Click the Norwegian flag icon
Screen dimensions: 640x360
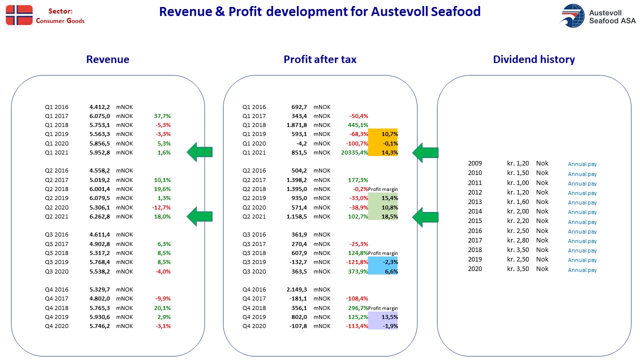(x=19, y=15)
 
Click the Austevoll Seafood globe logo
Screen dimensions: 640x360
(x=572, y=15)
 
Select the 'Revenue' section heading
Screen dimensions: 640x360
(x=107, y=59)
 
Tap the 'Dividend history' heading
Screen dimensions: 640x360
(x=534, y=59)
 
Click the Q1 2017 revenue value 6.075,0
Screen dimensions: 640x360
(x=99, y=116)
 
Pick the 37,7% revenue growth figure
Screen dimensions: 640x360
(x=162, y=116)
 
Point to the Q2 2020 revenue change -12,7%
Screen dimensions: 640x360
(x=161, y=207)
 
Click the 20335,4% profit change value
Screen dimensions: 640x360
(x=354, y=152)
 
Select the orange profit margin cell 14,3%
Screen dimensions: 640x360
(x=383, y=152)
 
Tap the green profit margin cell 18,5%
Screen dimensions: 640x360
(x=383, y=216)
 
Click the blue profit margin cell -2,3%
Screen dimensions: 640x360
(x=383, y=262)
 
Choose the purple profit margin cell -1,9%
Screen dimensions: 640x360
(x=383, y=326)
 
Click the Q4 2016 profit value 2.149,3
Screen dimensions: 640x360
(x=296, y=289)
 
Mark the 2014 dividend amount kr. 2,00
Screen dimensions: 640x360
(x=517, y=211)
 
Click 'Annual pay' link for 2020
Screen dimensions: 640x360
(x=582, y=270)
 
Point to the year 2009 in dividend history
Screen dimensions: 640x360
(x=475, y=163)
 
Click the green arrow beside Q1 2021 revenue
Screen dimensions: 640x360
(x=199, y=152)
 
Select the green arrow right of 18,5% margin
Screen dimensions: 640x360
(x=425, y=217)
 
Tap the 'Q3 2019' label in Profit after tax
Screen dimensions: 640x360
(x=254, y=262)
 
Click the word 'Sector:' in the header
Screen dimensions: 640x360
(x=60, y=11)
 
